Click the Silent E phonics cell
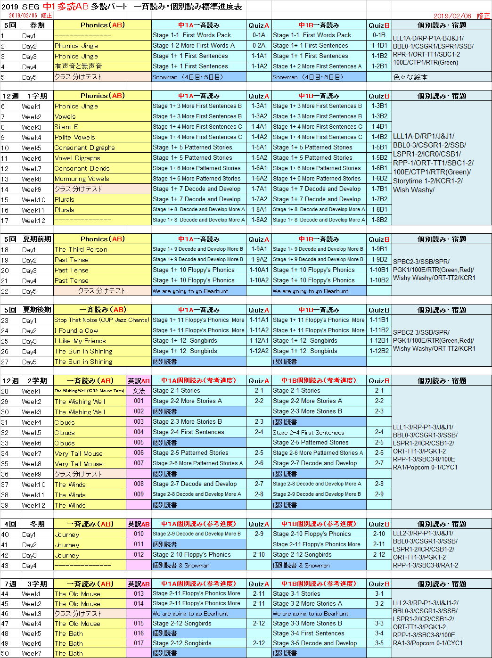66,127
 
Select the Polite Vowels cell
74,137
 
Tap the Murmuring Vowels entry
82,179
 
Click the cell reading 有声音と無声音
78,66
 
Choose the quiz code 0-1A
259,35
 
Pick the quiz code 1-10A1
259,270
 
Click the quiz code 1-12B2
379,351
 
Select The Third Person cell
81,249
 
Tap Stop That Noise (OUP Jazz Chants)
101,320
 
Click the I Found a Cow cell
76,330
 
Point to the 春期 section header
37,25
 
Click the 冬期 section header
37,524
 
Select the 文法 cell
139,391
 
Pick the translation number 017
139,643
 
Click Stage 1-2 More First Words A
194,45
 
